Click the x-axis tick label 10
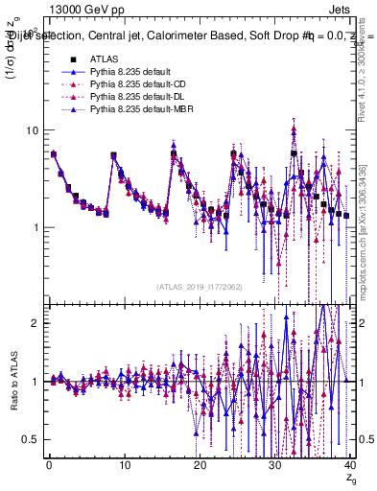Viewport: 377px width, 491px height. (x=124, y=464)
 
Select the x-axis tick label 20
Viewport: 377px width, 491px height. (x=200, y=464)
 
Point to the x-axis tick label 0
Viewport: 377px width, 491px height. (x=49, y=464)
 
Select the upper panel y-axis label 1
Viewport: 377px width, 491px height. (x=35, y=227)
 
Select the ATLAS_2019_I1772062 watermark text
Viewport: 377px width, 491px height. (x=199, y=286)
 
